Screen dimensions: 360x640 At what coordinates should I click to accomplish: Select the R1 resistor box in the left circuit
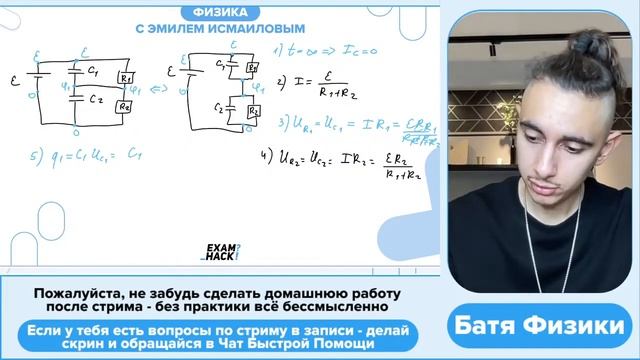[x=125, y=79]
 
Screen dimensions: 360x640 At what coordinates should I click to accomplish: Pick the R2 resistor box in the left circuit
[x=125, y=107]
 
